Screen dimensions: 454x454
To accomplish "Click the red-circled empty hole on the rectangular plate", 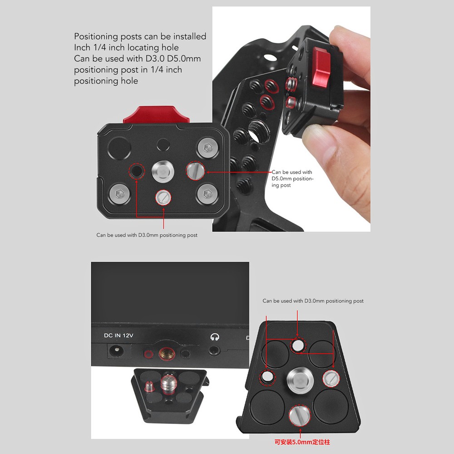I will pyautogui.click(x=136, y=171).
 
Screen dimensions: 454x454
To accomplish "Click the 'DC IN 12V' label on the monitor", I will pyautogui.click(x=118, y=336).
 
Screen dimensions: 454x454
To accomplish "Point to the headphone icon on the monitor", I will pyautogui.click(x=214, y=337).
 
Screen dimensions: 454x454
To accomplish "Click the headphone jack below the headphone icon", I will pyautogui.click(x=214, y=351).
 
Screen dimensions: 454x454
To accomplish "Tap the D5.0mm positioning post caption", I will pyautogui.click(x=292, y=179).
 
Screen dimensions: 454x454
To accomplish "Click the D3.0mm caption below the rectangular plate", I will pyautogui.click(x=147, y=235).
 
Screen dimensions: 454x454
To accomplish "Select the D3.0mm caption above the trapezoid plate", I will pyautogui.click(x=313, y=301).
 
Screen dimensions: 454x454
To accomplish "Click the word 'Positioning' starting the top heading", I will pyautogui.click(x=96, y=36).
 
